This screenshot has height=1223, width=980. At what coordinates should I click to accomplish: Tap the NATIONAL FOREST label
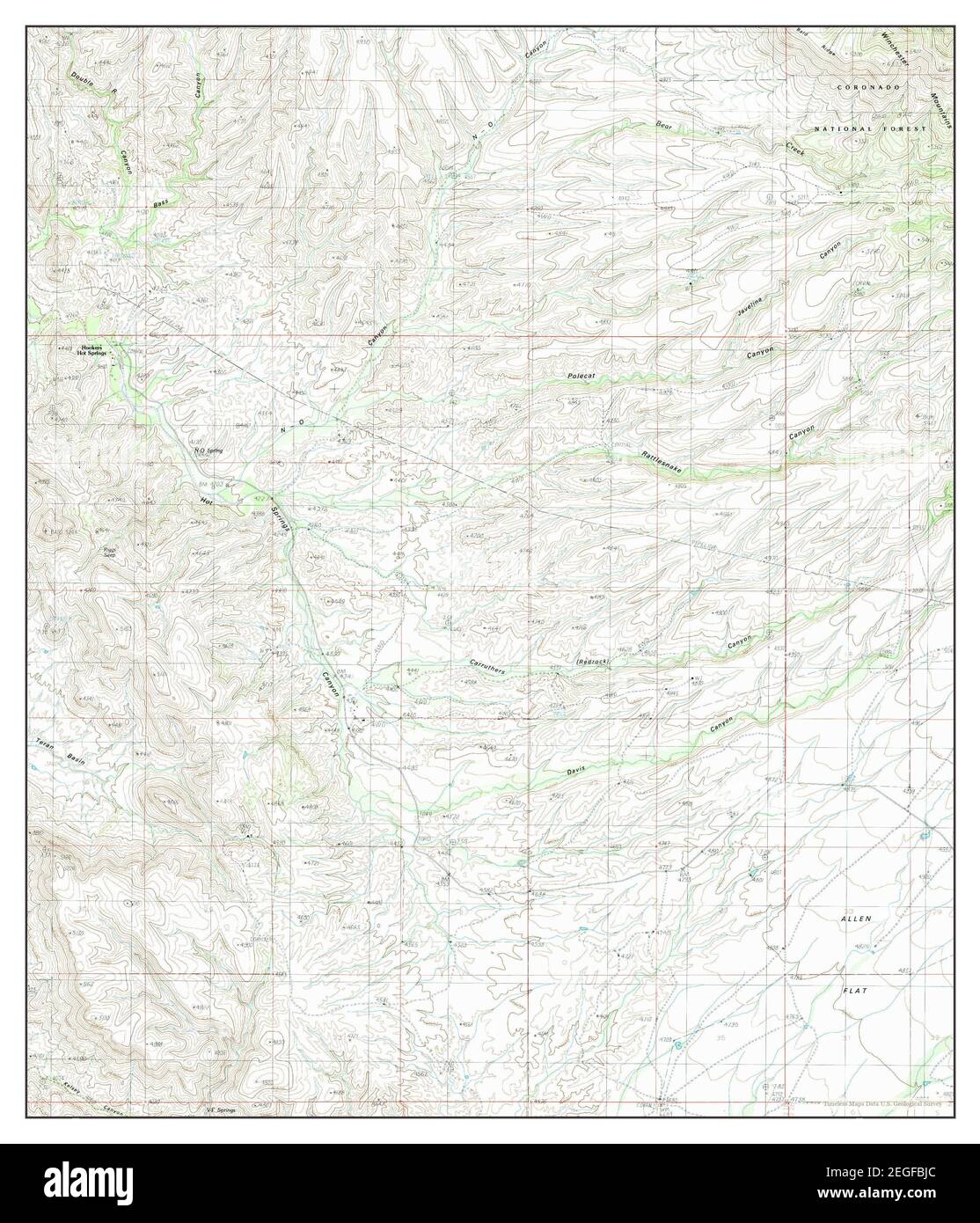pyautogui.click(x=871, y=128)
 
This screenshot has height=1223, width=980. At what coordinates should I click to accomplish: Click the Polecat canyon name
pyautogui.click(x=581, y=377)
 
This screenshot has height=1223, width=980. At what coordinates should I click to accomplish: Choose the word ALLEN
pyautogui.click(x=853, y=918)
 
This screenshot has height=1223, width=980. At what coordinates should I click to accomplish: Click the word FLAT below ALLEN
pyautogui.click(x=855, y=991)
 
